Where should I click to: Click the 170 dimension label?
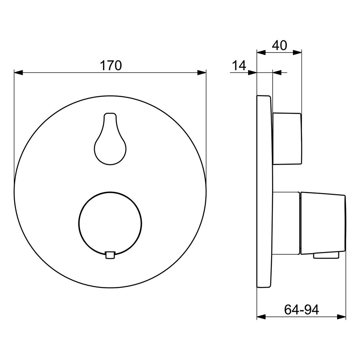[111, 66]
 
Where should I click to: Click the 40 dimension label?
[279, 45]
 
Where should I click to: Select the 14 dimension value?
[239, 66]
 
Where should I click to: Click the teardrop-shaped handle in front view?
[110, 139]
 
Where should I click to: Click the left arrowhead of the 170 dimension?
[18, 73]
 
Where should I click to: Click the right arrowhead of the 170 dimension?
[202, 73]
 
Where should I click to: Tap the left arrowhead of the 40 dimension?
[261, 53]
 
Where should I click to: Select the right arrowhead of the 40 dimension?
[297, 53]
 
